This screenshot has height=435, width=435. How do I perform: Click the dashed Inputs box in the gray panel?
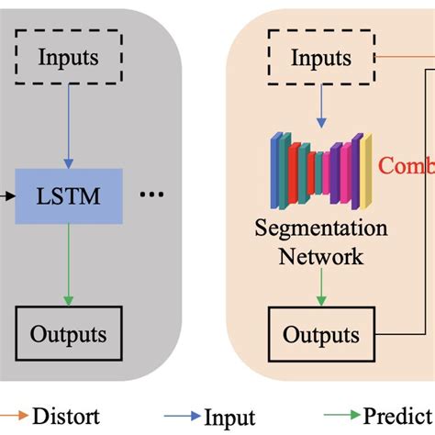click(69, 58)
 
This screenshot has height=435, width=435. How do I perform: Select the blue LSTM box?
click(69, 196)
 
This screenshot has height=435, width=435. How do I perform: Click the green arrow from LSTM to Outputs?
click(69, 266)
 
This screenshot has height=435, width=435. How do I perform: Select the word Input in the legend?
click(230, 417)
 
